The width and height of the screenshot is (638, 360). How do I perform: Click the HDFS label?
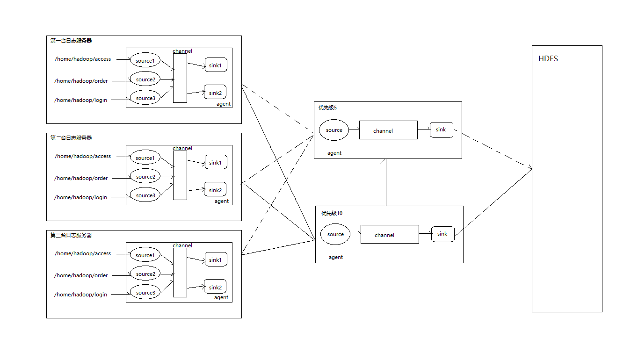pyautogui.click(x=548, y=59)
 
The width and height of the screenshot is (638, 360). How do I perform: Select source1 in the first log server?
pyautogui.click(x=145, y=60)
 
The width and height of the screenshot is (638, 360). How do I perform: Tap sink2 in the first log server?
pyautogui.click(x=215, y=92)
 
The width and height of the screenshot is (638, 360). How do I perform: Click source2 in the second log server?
pyautogui.click(x=145, y=177)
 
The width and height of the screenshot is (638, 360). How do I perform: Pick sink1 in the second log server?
pyautogui.click(x=215, y=162)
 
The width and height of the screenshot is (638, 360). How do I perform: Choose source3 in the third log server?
pyautogui.click(x=145, y=293)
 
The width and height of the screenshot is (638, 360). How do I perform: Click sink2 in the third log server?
pyautogui.click(x=215, y=287)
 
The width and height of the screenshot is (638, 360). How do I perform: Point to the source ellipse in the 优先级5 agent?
pyautogui.click(x=334, y=130)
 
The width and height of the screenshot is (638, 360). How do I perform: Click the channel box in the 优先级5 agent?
pyautogui.click(x=388, y=130)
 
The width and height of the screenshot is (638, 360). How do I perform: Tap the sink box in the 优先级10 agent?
pyautogui.click(x=442, y=234)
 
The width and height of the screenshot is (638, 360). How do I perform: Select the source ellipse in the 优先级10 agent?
pyautogui.click(x=335, y=234)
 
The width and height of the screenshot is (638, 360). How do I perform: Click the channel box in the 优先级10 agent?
pyautogui.click(x=390, y=234)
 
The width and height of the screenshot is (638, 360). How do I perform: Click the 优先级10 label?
pyautogui.click(x=332, y=213)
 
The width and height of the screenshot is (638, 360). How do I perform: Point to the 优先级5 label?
pyautogui.click(x=327, y=108)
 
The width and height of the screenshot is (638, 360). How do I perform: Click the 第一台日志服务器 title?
pyautogui.click(x=71, y=41)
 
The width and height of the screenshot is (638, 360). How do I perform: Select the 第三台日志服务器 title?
pyautogui.click(x=71, y=235)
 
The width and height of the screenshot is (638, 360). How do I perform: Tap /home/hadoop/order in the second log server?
pyautogui.click(x=81, y=178)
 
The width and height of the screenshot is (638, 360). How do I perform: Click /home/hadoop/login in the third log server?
pyautogui.click(x=80, y=295)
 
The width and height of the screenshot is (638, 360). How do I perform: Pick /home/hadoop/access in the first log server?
pyautogui.click(x=83, y=59)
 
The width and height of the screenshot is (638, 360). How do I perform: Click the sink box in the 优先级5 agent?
pyautogui.click(x=442, y=130)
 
